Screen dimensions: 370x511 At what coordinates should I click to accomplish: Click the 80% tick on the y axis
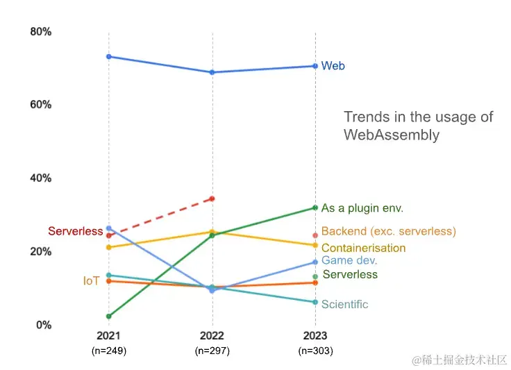pyautogui.click(x=41, y=31)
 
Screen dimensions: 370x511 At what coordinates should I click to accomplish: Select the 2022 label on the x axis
pyautogui.click(x=212, y=336)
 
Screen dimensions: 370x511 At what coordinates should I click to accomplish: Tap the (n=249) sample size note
pyautogui.click(x=109, y=351)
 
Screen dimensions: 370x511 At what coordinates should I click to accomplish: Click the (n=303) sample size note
pyautogui.click(x=315, y=351)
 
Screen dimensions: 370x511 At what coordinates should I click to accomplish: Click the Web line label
pyautogui.click(x=333, y=66)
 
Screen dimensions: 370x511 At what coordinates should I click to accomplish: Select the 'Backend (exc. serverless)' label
pyautogui.click(x=389, y=231)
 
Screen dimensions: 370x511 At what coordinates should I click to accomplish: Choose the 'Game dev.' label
pyautogui.click(x=349, y=260)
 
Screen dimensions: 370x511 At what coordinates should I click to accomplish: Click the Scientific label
pyautogui.click(x=345, y=304)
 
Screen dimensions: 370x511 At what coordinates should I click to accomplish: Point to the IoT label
pyautogui.click(x=91, y=280)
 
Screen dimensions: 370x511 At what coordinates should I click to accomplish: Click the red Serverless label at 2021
pyautogui.click(x=76, y=231)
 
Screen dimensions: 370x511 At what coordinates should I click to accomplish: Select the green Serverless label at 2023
pyautogui.click(x=350, y=274)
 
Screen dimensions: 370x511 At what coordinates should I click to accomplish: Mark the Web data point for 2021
pyautogui.click(x=109, y=56)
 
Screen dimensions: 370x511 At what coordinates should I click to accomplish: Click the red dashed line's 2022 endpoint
pyautogui.click(x=212, y=199)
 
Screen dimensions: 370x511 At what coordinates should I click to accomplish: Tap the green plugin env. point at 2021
pyautogui.click(x=109, y=316)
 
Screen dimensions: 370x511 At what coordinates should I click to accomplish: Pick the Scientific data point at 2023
pyautogui.click(x=315, y=302)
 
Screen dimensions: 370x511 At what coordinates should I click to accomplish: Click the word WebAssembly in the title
pyautogui.click(x=392, y=135)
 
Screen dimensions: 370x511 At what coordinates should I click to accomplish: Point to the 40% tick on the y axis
pyautogui.click(x=41, y=178)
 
